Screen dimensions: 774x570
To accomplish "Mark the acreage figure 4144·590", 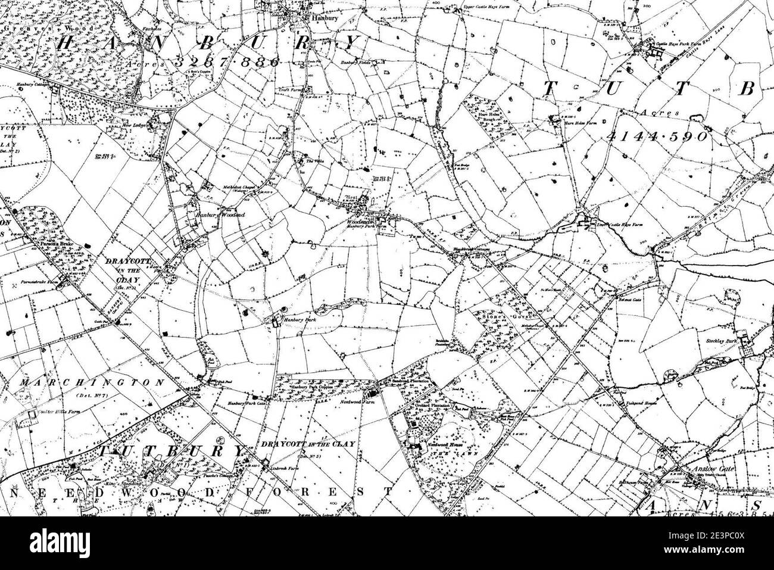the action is [657, 136].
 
